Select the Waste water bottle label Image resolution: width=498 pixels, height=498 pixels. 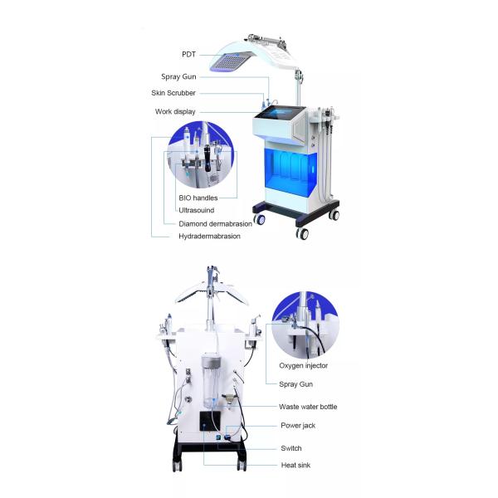[308, 407]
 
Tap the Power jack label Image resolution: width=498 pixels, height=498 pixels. [298, 426]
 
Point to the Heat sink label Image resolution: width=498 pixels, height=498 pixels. [295, 466]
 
